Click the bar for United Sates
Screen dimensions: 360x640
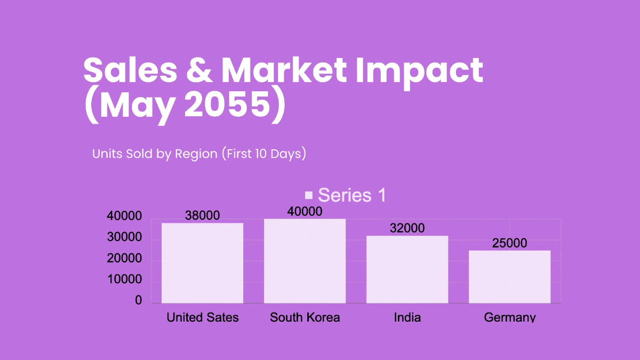pos(202,263)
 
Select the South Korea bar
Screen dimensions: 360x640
pos(305,261)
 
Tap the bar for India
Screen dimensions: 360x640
pos(407,269)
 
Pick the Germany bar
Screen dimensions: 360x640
pos(509,277)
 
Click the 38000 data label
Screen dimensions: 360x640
pos(202,215)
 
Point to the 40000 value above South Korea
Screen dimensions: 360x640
pos(305,211)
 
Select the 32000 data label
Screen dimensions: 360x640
pos(407,228)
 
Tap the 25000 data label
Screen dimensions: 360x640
pos(509,243)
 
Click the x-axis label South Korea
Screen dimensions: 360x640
pos(305,317)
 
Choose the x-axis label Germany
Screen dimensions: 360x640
pos(509,317)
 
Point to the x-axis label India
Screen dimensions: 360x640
pos(407,317)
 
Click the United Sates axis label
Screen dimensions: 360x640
pos(202,317)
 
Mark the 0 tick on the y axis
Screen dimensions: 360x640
pos(139,301)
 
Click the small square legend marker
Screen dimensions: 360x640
pos(309,195)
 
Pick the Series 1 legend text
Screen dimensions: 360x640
pos(352,195)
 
